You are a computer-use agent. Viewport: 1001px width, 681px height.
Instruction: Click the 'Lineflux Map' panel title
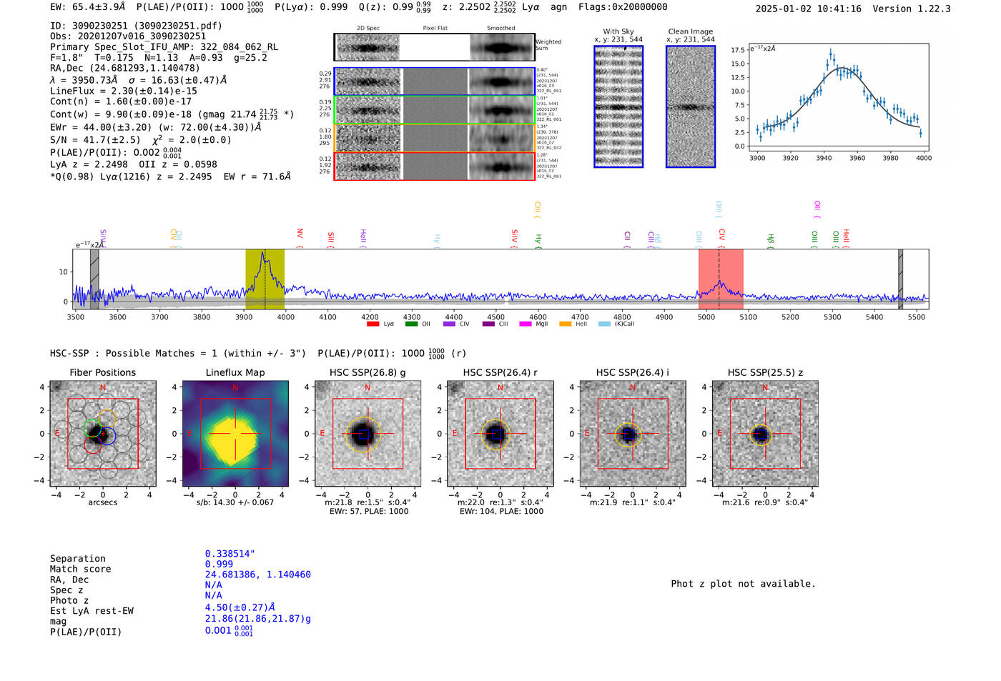(x=235, y=372)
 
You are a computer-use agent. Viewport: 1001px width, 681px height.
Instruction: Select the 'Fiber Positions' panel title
(x=102, y=372)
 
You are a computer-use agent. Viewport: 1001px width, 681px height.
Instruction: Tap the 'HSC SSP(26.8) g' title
(x=368, y=372)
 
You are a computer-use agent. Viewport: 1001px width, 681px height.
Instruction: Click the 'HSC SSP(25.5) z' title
(x=765, y=372)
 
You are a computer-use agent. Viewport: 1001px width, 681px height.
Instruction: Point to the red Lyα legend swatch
(x=373, y=324)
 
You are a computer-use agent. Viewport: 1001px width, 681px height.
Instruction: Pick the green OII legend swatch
(x=411, y=324)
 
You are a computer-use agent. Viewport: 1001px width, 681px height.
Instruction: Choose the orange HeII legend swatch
(x=565, y=324)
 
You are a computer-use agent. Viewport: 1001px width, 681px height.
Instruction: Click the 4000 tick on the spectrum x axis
(x=285, y=317)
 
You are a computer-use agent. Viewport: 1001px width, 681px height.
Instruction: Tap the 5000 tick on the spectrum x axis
(x=706, y=317)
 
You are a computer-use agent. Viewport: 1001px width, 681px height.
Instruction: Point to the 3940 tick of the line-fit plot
(x=824, y=158)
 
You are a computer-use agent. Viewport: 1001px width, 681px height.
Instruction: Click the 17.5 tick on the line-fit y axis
(x=737, y=50)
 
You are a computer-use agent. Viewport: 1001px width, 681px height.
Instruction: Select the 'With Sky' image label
(x=618, y=31)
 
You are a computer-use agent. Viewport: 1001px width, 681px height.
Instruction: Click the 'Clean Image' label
(x=690, y=31)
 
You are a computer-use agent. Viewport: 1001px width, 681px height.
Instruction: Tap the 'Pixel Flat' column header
(x=435, y=29)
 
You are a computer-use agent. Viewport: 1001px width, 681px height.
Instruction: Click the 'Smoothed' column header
(x=500, y=29)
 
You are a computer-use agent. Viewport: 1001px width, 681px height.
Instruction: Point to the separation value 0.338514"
(x=230, y=554)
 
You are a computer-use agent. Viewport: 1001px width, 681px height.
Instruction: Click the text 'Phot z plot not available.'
(x=743, y=584)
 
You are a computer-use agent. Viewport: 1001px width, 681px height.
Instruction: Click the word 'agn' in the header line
(x=558, y=7)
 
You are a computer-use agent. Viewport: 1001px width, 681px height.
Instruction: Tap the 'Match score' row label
(x=80, y=569)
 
